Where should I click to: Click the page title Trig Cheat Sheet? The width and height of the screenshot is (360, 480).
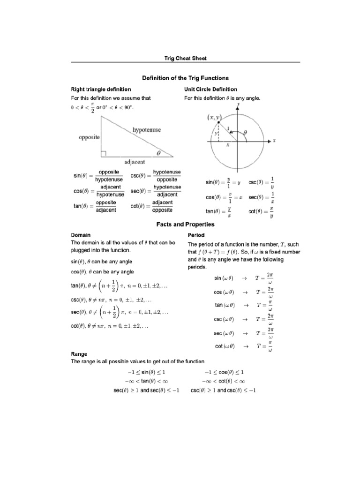[x=185, y=59]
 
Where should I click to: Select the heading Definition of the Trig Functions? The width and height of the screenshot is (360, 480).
[x=185, y=78]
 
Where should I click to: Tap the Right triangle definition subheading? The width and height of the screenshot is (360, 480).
[x=101, y=89]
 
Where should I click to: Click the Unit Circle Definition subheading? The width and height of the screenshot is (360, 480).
[x=210, y=89]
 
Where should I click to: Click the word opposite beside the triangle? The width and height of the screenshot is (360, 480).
[x=90, y=137]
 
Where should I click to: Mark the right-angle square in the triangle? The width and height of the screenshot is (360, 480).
[x=104, y=153]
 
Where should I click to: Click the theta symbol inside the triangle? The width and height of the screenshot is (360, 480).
[x=158, y=152]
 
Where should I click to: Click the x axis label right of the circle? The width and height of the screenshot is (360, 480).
[x=274, y=140]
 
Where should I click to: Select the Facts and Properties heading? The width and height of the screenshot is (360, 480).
[x=185, y=225]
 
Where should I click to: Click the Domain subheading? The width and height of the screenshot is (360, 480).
[x=81, y=235]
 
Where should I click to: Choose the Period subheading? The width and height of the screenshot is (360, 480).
[x=196, y=235]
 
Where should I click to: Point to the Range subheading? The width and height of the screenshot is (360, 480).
[x=80, y=355]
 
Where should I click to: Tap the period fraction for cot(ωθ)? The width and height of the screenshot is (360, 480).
[x=270, y=346]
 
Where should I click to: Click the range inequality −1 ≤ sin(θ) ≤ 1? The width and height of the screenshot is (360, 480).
[x=145, y=372]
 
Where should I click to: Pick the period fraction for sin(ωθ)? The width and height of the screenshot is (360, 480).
[x=270, y=278]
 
